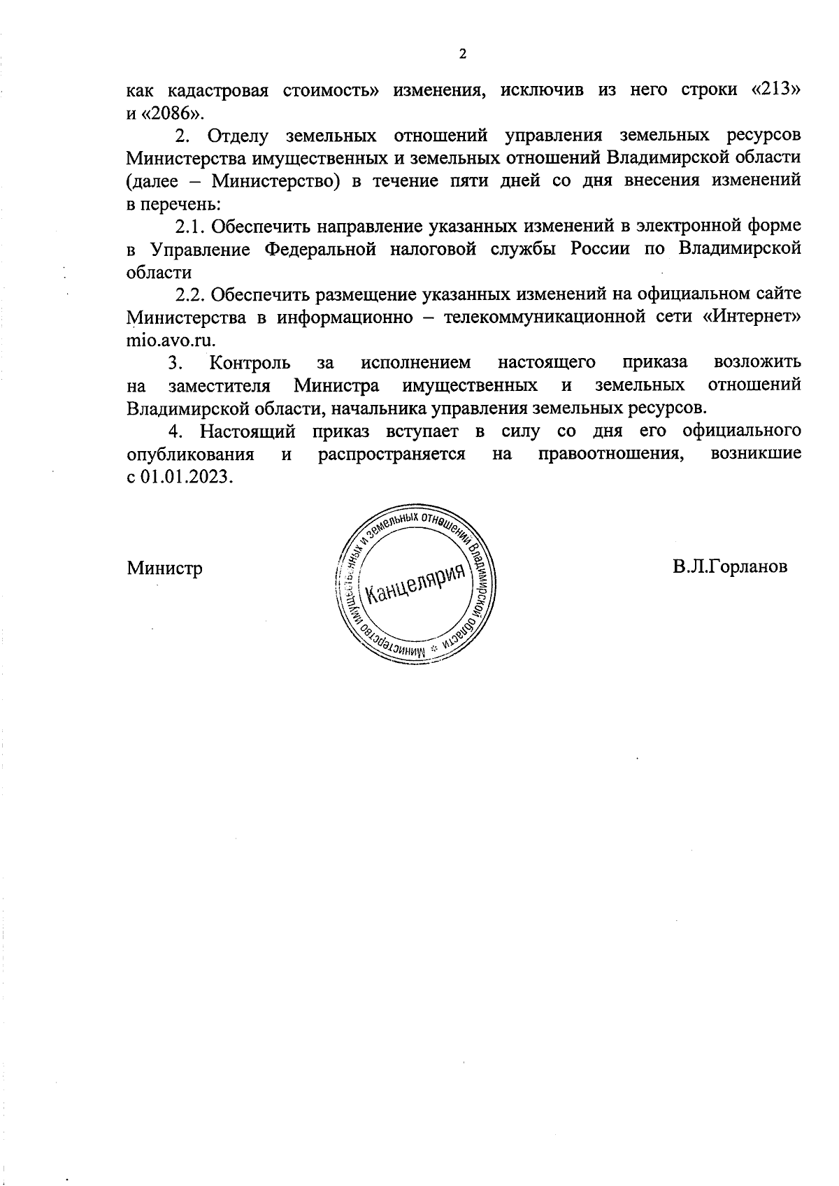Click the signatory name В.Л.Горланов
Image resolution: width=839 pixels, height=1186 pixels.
coord(730,566)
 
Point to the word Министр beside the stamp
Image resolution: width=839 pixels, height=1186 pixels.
coord(165,568)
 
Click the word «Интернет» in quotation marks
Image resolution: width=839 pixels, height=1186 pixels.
coord(752,317)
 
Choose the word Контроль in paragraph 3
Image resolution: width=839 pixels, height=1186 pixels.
coord(250,363)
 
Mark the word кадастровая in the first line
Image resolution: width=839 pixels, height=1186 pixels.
coord(218,91)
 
